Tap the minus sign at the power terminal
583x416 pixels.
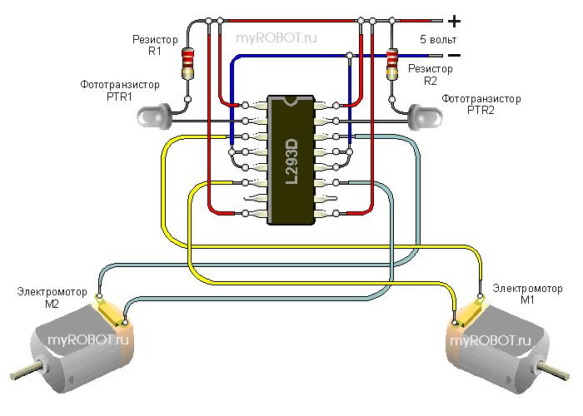coord(454,56)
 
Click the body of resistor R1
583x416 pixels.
coord(188,63)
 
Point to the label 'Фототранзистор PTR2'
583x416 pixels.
coord(481,103)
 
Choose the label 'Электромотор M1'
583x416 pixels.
coord(526,293)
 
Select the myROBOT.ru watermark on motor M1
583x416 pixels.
coord(491,340)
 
